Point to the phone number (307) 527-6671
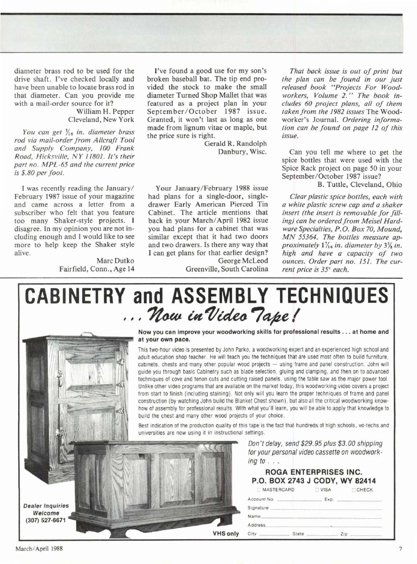pos(46,520)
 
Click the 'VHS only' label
pos(226,533)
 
